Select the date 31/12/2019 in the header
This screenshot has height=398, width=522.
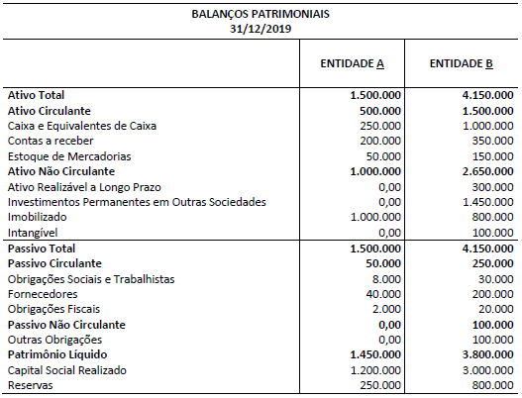[x=261, y=30]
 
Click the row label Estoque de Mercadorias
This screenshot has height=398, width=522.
[x=55, y=156]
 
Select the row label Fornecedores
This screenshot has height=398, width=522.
[x=43, y=294]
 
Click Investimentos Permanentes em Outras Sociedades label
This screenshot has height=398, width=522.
[x=123, y=202]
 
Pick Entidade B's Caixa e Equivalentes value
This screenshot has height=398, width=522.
[x=486, y=126]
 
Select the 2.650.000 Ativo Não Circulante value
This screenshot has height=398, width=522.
[x=484, y=171]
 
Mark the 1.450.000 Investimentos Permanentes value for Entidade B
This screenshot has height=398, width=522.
[x=486, y=202]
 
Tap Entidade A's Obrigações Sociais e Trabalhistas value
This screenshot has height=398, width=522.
[x=385, y=279]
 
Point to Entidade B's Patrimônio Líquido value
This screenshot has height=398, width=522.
[x=484, y=354]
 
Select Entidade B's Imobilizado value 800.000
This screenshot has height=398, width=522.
[x=491, y=218]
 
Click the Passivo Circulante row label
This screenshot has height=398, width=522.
[x=54, y=263]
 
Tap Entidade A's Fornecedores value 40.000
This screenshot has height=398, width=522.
[x=382, y=294]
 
